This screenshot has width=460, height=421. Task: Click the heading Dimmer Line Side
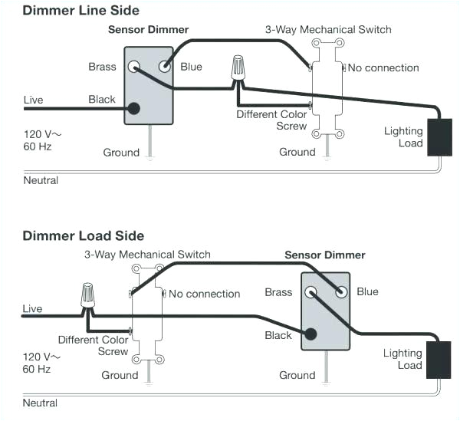tap(81, 10)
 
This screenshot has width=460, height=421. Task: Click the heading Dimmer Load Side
tap(84, 235)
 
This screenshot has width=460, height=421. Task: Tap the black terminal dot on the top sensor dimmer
tap(135, 108)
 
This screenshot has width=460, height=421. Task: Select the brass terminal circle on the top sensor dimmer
tap(135, 67)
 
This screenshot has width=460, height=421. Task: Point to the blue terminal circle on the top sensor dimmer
tap(164, 67)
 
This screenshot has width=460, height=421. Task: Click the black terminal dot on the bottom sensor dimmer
tap(310, 334)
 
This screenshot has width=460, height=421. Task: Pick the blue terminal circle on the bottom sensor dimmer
tap(340, 291)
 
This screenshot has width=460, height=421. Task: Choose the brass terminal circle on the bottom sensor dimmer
tap(311, 291)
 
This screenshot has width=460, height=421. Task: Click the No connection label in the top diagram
tap(383, 68)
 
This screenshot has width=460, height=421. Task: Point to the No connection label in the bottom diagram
tap(204, 294)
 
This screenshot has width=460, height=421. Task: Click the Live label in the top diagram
tap(33, 100)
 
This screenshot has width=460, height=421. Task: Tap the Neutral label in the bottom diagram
tap(40, 403)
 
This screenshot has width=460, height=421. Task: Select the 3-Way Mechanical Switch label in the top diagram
tap(328, 30)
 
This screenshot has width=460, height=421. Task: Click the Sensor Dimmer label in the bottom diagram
tap(324, 255)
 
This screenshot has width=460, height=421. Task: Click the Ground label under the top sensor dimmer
tap(121, 153)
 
